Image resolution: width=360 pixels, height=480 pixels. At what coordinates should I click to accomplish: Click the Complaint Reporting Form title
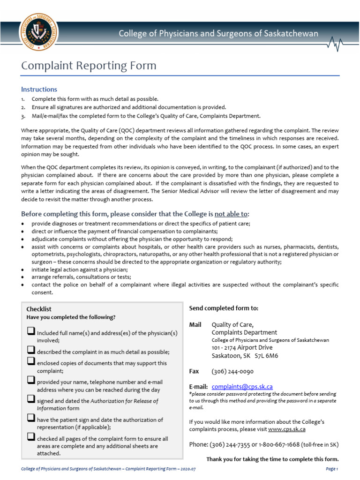coord(89,66)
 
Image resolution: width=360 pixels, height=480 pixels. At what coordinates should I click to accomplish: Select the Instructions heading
coord(39,89)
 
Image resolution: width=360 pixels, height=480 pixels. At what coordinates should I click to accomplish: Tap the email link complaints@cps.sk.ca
coord(242,387)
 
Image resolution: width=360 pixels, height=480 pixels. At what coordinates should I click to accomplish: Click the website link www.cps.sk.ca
coord(286,429)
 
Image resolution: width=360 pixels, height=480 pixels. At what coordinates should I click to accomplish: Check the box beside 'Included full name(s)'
coord(31,331)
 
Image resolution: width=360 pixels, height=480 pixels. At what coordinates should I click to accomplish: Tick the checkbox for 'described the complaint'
coord(31,350)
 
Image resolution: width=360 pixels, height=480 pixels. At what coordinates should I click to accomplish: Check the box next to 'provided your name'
coord(31,380)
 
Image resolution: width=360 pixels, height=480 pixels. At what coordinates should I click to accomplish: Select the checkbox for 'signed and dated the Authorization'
coord(31,399)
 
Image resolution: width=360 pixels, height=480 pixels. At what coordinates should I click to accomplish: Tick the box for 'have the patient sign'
coord(31,418)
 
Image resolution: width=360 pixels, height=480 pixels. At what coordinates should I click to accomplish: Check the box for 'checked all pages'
coord(31,437)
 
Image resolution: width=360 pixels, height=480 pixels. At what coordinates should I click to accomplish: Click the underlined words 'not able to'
coord(231,214)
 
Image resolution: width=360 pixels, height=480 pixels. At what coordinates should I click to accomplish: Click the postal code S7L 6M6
coord(266,356)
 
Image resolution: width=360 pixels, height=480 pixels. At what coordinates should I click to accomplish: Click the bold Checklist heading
coord(39,309)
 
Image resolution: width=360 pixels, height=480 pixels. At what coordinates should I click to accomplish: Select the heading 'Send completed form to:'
coord(223,308)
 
